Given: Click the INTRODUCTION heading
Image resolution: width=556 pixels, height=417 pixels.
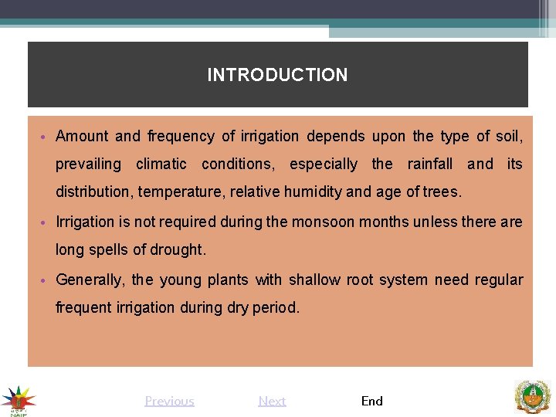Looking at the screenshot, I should pyautogui.click(x=277, y=75).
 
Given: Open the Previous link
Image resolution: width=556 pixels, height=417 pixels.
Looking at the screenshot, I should pyautogui.click(x=169, y=401).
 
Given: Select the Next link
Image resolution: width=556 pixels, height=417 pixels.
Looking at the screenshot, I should pyautogui.click(x=272, y=401).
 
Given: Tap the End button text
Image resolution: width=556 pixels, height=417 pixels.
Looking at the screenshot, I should pyautogui.click(x=371, y=401).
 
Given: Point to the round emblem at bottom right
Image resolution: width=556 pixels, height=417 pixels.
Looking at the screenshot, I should pyautogui.click(x=532, y=397).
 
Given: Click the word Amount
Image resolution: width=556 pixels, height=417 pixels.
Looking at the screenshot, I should pyautogui.click(x=82, y=137).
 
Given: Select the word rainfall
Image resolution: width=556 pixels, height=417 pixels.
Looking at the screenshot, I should pyautogui.click(x=430, y=164).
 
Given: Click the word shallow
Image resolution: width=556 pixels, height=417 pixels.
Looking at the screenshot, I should pyautogui.click(x=314, y=280).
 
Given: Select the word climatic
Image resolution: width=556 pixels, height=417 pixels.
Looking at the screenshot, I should pyautogui.click(x=161, y=164).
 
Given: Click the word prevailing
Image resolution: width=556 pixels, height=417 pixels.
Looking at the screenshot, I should pyautogui.click(x=88, y=164).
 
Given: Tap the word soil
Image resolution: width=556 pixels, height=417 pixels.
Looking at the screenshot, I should pyautogui.click(x=507, y=137).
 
